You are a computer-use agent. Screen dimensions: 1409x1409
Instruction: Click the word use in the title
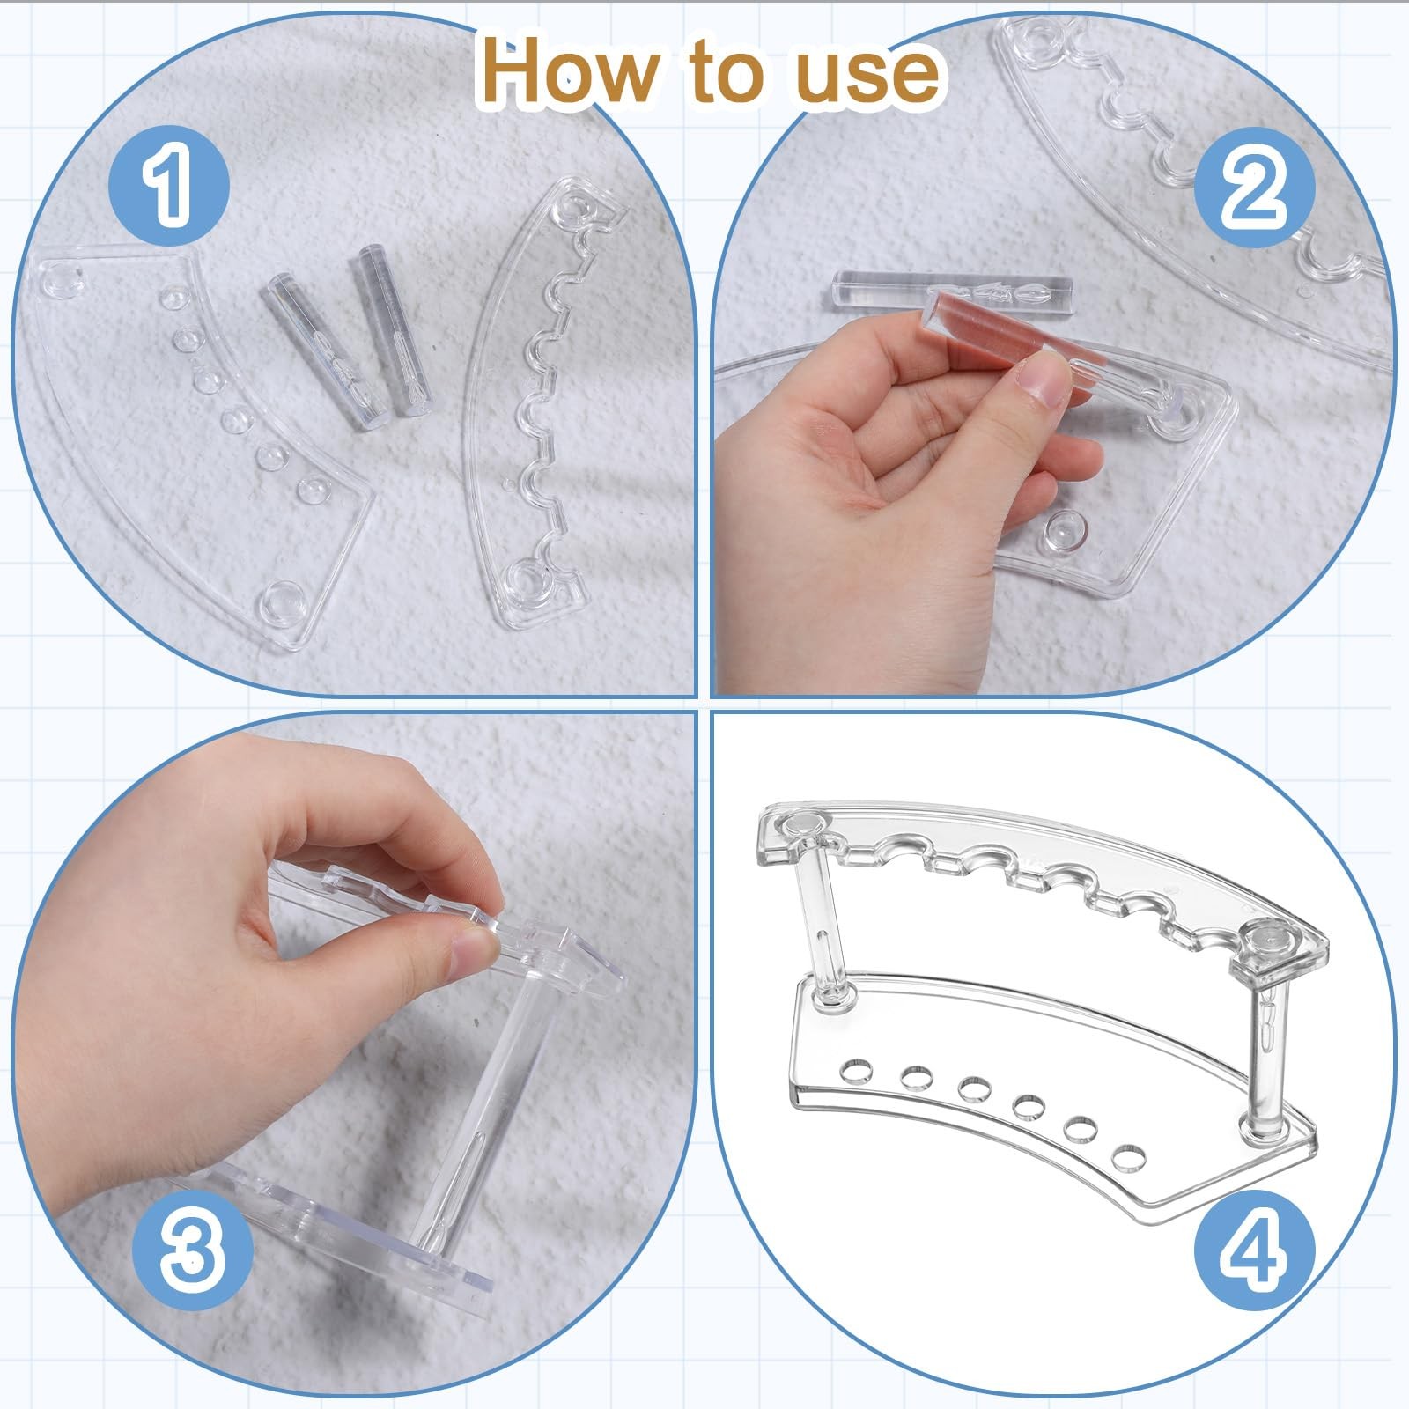click(867, 74)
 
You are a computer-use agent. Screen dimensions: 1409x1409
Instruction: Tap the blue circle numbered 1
click(168, 186)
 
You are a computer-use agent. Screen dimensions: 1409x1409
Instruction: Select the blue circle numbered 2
click(1254, 187)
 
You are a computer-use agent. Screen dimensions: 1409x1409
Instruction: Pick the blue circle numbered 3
click(192, 1250)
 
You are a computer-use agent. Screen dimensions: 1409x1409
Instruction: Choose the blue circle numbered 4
click(1254, 1250)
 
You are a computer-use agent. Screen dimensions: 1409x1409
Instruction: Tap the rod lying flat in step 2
click(952, 288)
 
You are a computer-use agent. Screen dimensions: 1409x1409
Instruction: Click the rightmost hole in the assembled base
click(1126, 1156)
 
